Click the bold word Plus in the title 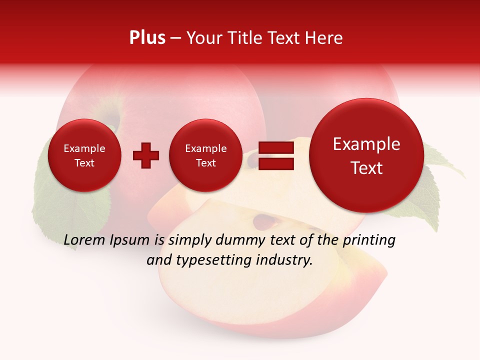point(147,38)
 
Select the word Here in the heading point(324,38)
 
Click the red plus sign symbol point(146,155)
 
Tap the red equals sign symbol point(276,155)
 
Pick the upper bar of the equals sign point(276,147)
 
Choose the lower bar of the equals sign point(276,163)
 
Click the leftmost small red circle point(84,155)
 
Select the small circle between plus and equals point(205,155)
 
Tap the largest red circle point(366,155)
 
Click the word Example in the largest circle point(366,144)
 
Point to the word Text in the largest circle point(366,168)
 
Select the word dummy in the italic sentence point(239,240)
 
